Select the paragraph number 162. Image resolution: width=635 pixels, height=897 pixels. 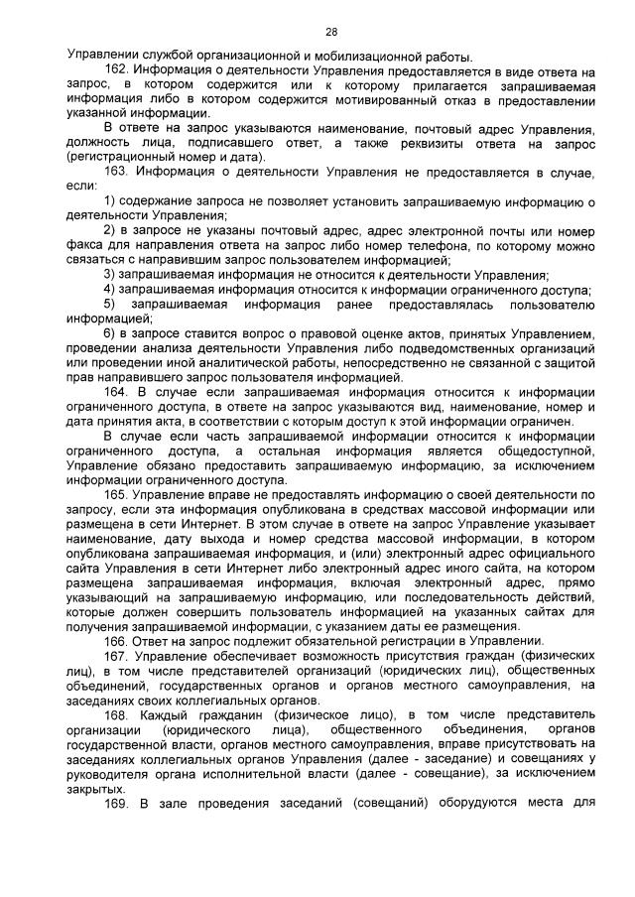(x=117, y=72)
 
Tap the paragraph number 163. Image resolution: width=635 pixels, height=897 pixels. (x=117, y=173)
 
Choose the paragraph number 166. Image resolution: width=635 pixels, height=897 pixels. (x=117, y=642)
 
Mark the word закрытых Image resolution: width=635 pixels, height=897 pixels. (x=95, y=787)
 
